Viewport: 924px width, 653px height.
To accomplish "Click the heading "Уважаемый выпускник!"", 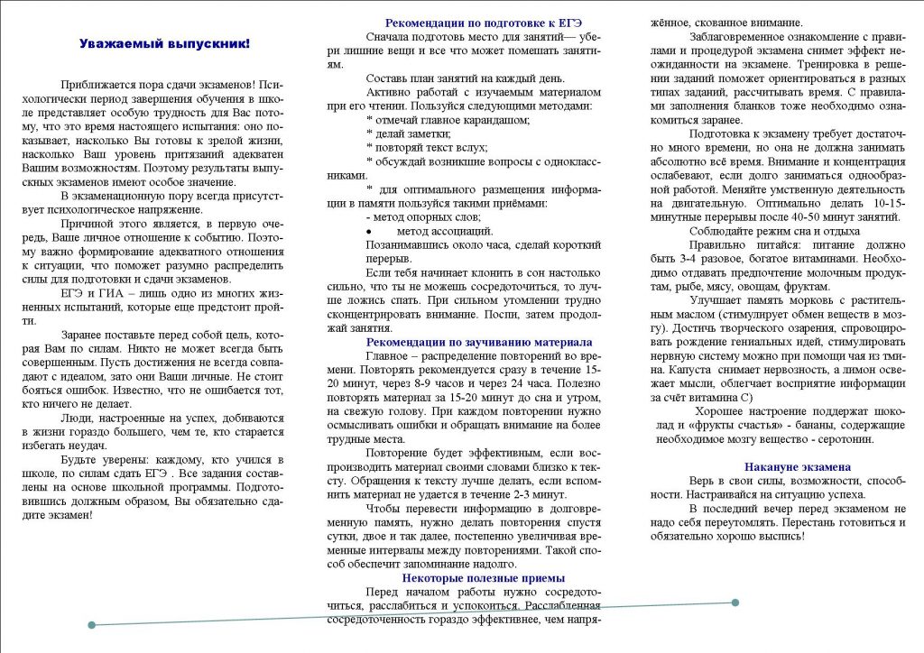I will pyautogui.click(x=164, y=43).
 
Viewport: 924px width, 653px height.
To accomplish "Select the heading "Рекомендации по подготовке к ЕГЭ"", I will pyautogui.click(x=483, y=23).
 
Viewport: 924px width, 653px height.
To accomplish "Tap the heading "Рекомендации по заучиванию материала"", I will pyautogui.click(x=478, y=343).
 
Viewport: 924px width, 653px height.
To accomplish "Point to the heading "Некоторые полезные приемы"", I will pyautogui.click(x=483, y=578).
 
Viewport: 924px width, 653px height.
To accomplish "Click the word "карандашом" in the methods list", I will pyautogui.click(x=495, y=119).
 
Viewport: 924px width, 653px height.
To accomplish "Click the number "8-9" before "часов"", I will pyautogui.click(x=424, y=383).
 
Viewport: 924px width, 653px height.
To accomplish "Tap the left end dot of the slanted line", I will pyautogui.click(x=90, y=624).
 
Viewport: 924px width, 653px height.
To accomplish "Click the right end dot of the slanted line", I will pyautogui.click(x=735, y=602).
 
